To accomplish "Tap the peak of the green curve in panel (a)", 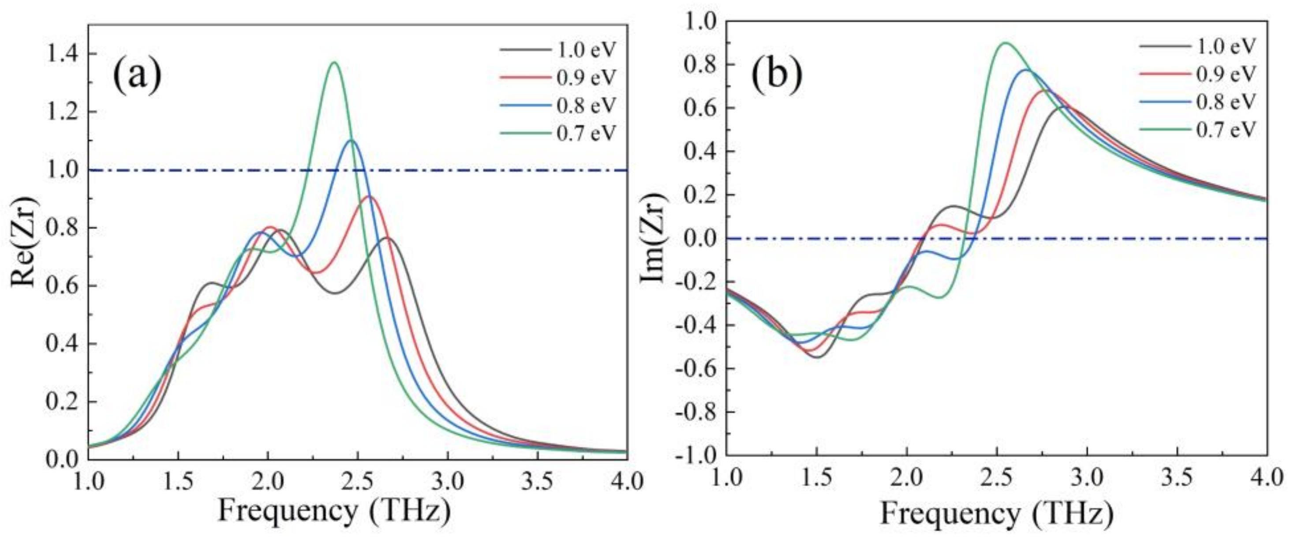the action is (x=334, y=63).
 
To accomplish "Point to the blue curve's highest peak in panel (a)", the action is (x=351, y=140).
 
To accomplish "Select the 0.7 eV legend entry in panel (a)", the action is (x=585, y=133).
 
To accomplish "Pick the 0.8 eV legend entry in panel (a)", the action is (x=585, y=105).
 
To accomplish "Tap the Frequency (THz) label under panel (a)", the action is (x=334, y=512).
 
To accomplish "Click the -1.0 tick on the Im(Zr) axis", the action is (x=694, y=455).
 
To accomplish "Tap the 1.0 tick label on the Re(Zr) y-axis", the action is (x=62, y=170).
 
